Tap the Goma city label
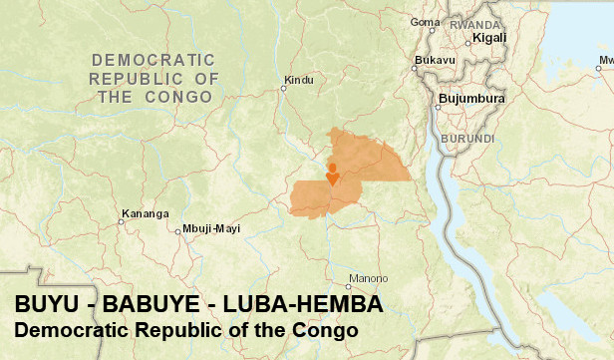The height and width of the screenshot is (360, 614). tap(426, 22)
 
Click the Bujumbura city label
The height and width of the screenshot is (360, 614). tap(471, 99)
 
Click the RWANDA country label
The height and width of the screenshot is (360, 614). tap(475, 24)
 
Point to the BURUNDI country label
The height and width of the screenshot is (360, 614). tap(469, 138)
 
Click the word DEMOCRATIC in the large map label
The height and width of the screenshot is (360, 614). tap(153, 58)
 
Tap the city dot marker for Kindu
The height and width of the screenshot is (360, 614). tap(283, 88)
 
